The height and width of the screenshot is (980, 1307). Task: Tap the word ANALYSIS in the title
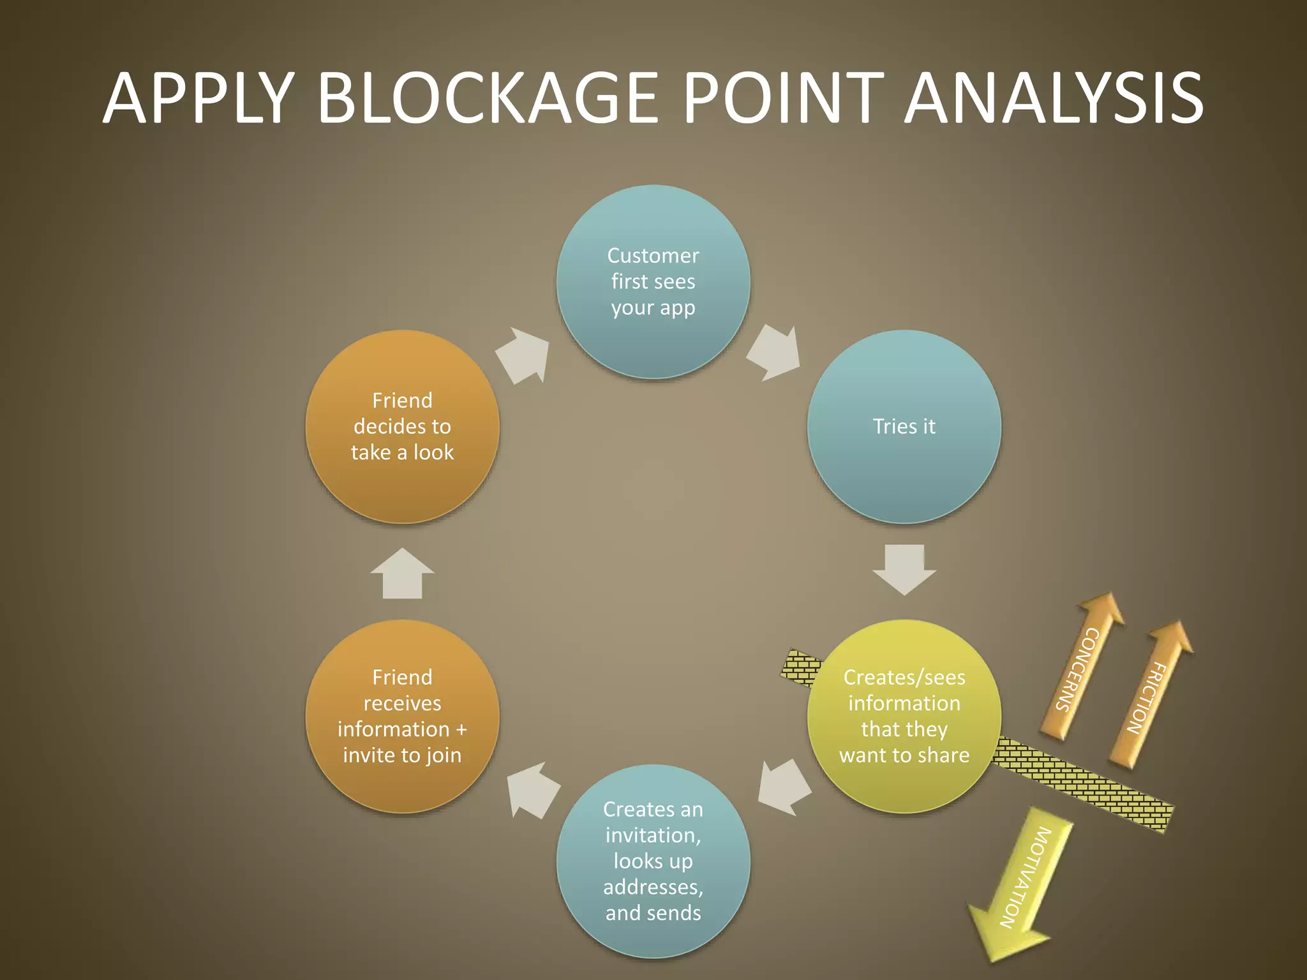click(1054, 98)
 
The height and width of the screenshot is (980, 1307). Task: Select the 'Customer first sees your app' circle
click(653, 281)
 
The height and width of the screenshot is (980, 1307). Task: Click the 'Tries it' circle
click(904, 426)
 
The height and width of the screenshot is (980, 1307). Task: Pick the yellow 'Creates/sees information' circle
click(904, 716)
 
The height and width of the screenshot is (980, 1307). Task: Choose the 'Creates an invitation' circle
click(653, 861)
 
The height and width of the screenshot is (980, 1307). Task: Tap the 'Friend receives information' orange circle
click(402, 716)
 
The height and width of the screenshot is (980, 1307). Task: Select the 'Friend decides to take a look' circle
click(402, 426)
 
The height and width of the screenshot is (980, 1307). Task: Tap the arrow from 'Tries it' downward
click(904, 568)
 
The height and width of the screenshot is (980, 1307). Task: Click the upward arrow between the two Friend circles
click(402, 574)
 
